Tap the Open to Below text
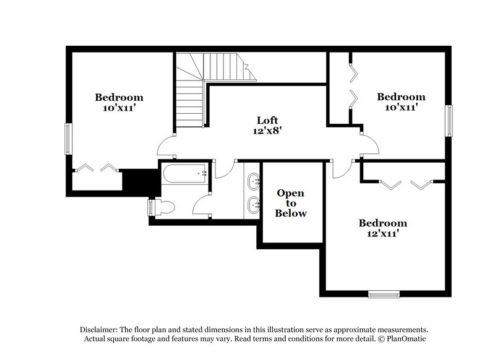pos(291,203)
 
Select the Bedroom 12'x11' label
pos(383,228)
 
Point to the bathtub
pos(185,174)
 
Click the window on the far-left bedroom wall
pos(68,139)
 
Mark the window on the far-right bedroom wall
pos(450,120)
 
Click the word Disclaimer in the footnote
pos(99,330)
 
